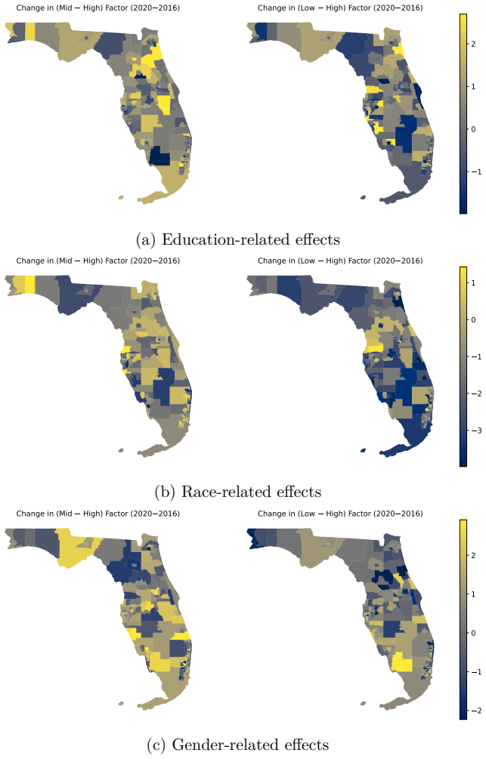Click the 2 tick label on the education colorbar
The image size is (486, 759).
point(473,44)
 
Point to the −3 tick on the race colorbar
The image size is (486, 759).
point(475,430)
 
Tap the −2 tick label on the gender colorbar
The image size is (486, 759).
point(475,711)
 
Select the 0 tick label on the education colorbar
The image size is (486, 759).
point(473,129)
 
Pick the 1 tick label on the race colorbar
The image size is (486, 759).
point(473,282)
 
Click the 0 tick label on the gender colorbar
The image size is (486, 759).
point(473,633)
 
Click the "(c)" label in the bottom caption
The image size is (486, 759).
point(156,745)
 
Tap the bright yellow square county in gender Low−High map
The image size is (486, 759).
point(401,662)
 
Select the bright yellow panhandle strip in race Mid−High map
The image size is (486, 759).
point(30,284)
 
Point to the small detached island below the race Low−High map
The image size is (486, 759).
point(364,450)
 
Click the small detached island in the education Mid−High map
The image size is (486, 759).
point(121,198)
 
